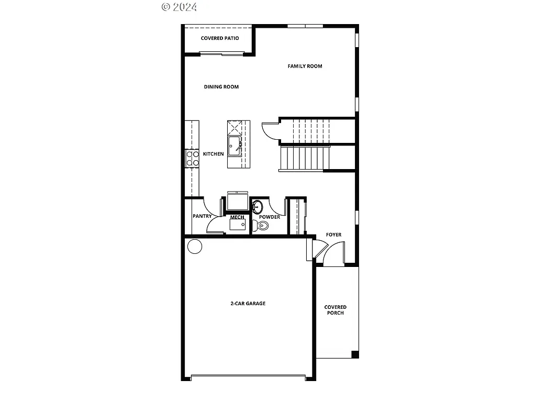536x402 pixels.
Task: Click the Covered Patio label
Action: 220,38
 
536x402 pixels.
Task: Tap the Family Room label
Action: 305,66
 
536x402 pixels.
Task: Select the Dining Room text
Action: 221,86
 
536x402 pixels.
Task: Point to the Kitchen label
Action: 213,154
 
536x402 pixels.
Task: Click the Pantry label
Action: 202,216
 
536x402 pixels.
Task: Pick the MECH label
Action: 237,217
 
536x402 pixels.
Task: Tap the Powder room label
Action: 269,217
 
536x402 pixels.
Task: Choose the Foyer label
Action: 333,234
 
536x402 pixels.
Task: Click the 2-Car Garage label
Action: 248,303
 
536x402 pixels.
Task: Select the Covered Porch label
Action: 335,310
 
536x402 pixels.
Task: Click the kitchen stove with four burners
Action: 192,158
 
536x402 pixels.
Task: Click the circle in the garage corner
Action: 195,246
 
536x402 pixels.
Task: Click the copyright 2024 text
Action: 179,7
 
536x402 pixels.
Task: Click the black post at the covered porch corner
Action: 355,354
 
